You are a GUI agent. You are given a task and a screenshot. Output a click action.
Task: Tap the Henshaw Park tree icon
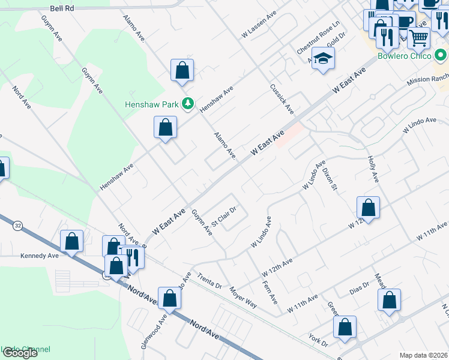pos(188,104)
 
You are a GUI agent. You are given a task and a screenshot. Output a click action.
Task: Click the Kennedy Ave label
pos(40,256)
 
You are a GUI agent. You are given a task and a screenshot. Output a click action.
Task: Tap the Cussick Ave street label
pos(282,99)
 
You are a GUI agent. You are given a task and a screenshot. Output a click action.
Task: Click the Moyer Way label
pos(243,297)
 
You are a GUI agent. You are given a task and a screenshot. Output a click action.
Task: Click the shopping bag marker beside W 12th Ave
pos(368,208)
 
